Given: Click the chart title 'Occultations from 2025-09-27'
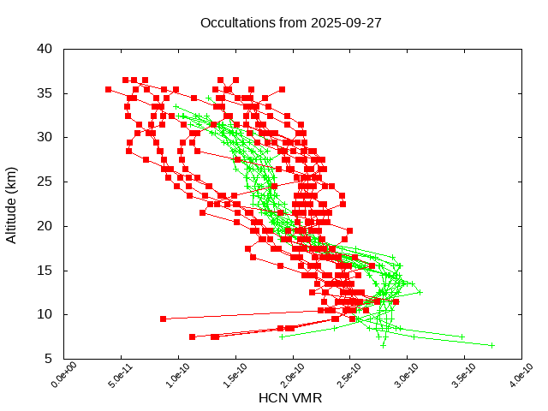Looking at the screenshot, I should pyautogui.click(x=290, y=23).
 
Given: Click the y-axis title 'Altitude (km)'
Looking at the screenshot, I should pyautogui.click(x=12, y=203).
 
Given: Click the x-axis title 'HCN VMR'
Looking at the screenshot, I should pyautogui.click(x=292, y=397).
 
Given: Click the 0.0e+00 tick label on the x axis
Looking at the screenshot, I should pyautogui.click(x=60, y=378).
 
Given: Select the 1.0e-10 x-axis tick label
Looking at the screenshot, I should pyautogui.click(x=174, y=378).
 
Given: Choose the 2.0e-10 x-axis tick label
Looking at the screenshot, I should pyautogui.click(x=289, y=378).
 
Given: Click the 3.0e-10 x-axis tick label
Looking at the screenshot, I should pyautogui.click(x=402, y=378).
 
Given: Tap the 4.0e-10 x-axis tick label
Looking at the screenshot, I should pyautogui.click(x=517, y=378).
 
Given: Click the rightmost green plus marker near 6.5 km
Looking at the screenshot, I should pyautogui.click(x=492, y=345).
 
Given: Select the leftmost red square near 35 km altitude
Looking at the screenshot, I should pyautogui.click(x=108, y=89).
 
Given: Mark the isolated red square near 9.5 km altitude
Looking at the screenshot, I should pyautogui.click(x=163, y=319).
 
